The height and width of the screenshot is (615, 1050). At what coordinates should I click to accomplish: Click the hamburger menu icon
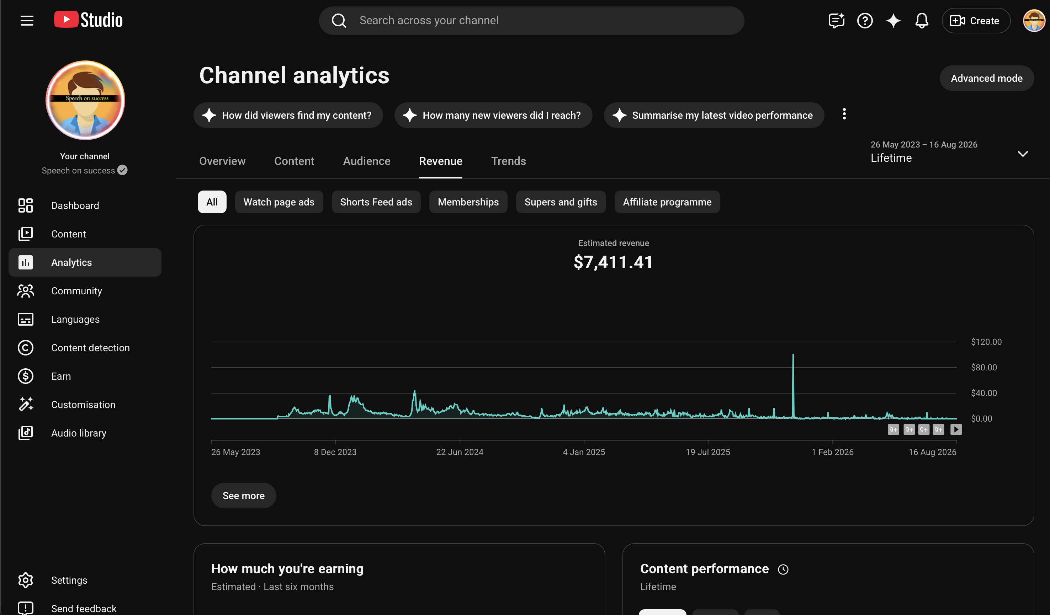click(x=27, y=20)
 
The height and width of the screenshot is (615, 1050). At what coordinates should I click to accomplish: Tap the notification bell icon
click(x=922, y=20)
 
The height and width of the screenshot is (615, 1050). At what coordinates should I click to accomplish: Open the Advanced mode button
click(x=986, y=78)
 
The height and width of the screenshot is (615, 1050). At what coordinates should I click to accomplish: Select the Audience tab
click(x=367, y=161)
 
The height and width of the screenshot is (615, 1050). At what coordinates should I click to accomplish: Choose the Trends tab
click(x=508, y=161)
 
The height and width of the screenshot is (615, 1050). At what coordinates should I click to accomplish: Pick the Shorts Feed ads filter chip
click(x=376, y=202)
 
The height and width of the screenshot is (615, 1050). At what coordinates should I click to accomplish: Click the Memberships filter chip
click(x=468, y=202)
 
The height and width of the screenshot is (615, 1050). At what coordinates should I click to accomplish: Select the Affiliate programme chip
click(x=667, y=202)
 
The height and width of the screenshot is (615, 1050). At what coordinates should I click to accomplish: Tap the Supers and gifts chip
click(x=561, y=202)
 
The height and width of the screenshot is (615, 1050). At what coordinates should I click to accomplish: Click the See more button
click(x=243, y=496)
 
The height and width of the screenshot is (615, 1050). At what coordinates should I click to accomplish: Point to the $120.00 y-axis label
click(x=986, y=342)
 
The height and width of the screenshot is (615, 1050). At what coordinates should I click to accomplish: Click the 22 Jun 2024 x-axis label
click(x=460, y=452)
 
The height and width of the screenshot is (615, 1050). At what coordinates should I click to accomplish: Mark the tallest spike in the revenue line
click(x=793, y=355)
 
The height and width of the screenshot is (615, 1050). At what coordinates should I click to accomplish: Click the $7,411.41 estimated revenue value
click(x=613, y=262)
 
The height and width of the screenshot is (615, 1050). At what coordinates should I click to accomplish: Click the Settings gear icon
click(x=25, y=580)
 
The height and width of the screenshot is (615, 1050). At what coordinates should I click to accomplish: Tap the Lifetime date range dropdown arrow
click(x=1023, y=154)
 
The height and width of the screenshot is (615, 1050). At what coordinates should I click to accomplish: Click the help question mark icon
click(x=865, y=20)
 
